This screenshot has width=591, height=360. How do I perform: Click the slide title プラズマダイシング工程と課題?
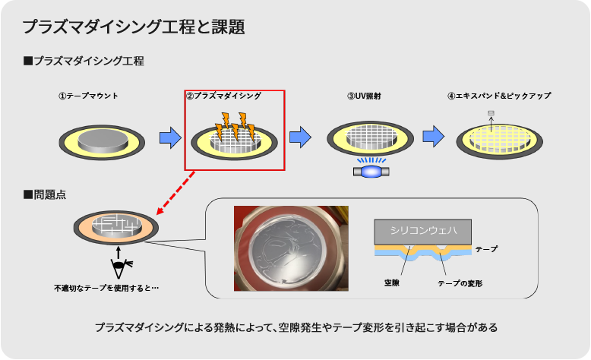[133, 27]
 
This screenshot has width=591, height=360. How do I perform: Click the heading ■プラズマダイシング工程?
[84, 61]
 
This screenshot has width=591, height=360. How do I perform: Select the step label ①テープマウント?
[88, 96]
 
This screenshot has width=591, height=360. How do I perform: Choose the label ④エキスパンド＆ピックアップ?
[499, 96]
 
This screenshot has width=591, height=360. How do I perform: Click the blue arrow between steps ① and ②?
[169, 137]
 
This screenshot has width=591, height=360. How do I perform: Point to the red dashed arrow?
[175, 193]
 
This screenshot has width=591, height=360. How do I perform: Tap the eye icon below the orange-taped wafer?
[119, 267]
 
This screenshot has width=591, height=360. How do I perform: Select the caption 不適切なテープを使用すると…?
[106, 289]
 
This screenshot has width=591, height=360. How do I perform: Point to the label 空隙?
[392, 283]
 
